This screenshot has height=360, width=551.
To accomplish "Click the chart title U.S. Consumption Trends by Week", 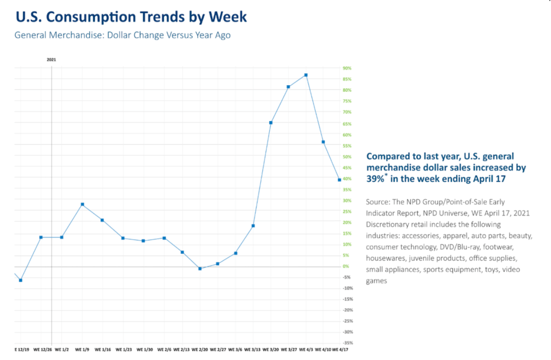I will tap(131, 17).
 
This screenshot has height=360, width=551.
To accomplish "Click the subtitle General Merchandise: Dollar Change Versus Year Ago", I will tap(123, 36).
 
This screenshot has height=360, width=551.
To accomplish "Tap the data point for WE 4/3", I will tap(306, 75).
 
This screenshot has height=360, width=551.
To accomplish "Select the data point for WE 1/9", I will tap(82, 204).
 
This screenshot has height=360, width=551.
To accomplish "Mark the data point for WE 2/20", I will tap(200, 268).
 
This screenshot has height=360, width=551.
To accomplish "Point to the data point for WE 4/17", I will tap(339, 179).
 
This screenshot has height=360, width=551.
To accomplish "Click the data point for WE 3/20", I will tap(270, 123).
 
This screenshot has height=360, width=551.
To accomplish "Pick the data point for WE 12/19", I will tap(20, 280).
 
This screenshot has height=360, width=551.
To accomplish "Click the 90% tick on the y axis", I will tap(347, 68).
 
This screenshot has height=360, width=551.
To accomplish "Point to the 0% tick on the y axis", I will tap(346, 266).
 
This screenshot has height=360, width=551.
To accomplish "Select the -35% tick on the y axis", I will tap(347, 343).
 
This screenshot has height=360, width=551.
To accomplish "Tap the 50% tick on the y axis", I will tap(347, 156).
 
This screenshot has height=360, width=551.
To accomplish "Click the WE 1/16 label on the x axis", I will tap(102, 349).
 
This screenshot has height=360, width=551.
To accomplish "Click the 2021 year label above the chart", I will tap(51, 59).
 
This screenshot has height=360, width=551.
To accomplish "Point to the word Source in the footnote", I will tap(379, 202).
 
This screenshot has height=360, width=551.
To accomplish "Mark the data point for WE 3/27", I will tap(288, 87).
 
